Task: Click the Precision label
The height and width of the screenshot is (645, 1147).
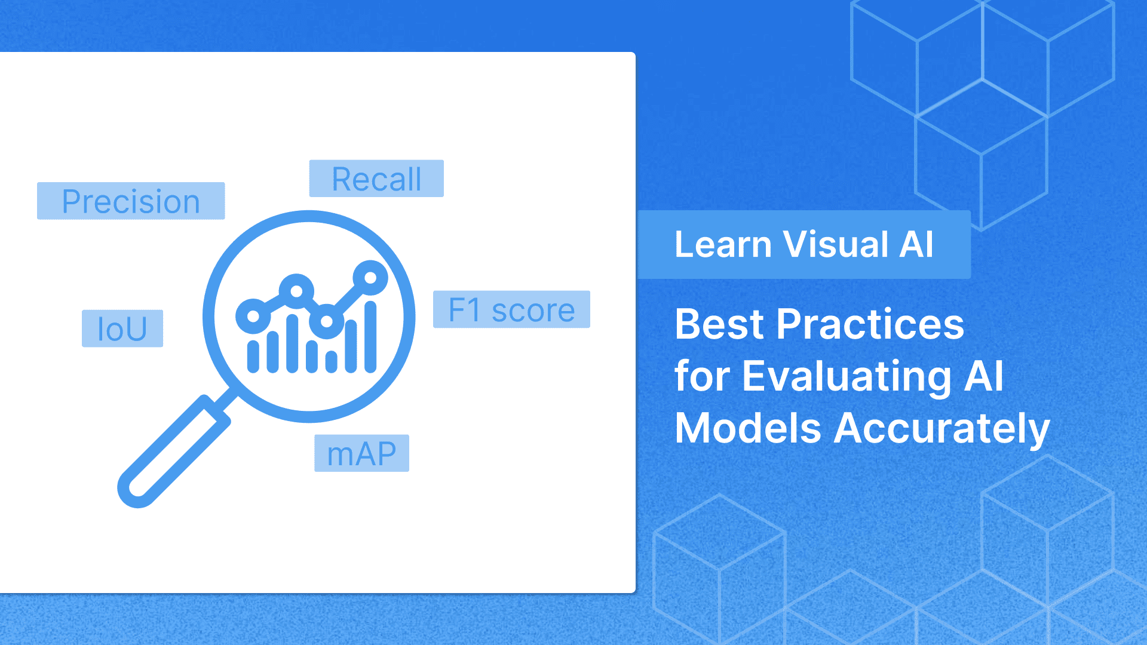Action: [131, 201]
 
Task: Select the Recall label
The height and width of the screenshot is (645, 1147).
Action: [376, 179]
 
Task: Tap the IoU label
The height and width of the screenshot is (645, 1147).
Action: [122, 328]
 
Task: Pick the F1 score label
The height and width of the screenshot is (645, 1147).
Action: [511, 309]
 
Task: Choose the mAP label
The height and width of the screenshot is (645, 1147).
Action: [361, 453]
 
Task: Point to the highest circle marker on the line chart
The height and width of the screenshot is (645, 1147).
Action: [370, 278]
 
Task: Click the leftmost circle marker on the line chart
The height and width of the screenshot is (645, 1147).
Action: [253, 316]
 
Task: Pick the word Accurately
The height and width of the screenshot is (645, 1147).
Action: [941, 429]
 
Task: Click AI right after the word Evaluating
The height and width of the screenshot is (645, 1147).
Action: [984, 376]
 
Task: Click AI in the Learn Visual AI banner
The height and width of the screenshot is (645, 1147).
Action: [916, 244]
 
